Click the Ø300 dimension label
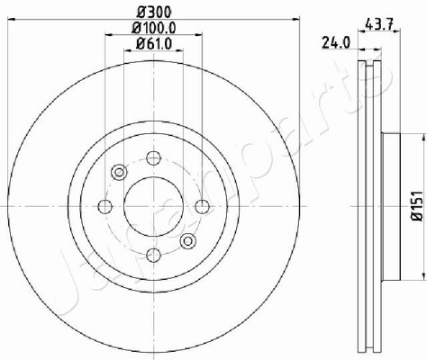tap(154, 12)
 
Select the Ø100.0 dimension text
tap(154, 28)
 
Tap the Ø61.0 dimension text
tap(154, 44)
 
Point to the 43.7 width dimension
tap(378, 23)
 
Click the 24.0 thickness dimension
tap(336, 42)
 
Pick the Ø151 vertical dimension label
tap(417, 206)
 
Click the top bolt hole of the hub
tap(153, 157)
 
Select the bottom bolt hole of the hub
tap(153, 256)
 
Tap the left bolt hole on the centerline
tap(105, 206)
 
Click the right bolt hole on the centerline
tap(203, 206)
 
